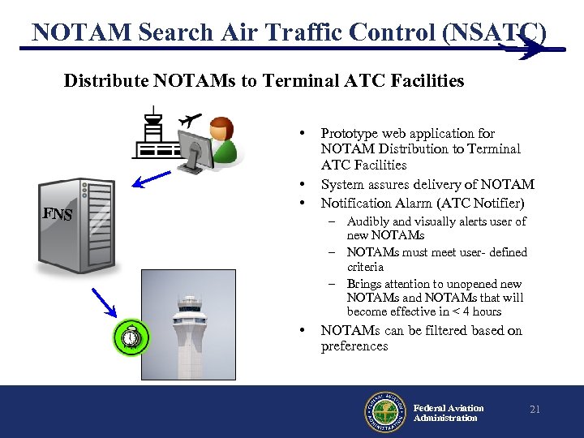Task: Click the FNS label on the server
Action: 58,215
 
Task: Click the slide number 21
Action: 535,410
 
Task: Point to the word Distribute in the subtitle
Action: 102,80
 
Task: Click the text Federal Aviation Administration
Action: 448,413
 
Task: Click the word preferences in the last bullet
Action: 354,346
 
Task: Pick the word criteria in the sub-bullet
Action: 365,267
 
